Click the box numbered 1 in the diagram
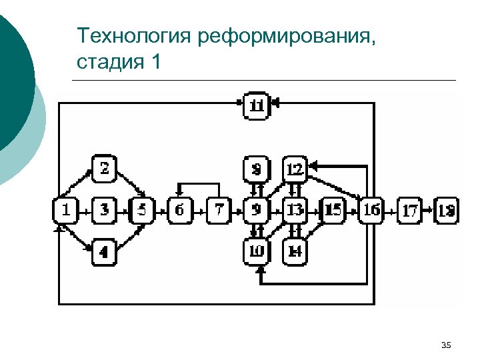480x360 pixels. [x=65, y=211]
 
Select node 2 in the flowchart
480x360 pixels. [x=104, y=169]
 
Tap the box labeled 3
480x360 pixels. [x=104, y=211]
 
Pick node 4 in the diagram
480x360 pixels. [x=104, y=252]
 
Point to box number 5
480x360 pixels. [x=141, y=211]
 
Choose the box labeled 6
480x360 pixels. [x=179, y=211]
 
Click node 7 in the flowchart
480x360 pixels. [x=217, y=211]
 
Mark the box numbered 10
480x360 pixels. [x=256, y=251]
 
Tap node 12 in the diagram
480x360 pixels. [x=295, y=169]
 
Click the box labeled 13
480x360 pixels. [x=295, y=211]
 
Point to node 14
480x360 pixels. [x=295, y=251]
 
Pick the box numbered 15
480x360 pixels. [x=333, y=211]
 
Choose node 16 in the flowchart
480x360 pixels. [x=371, y=211]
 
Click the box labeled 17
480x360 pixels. [x=410, y=211]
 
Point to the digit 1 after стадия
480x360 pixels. [x=156, y=63]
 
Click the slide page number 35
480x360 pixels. [x=447, y=344]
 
